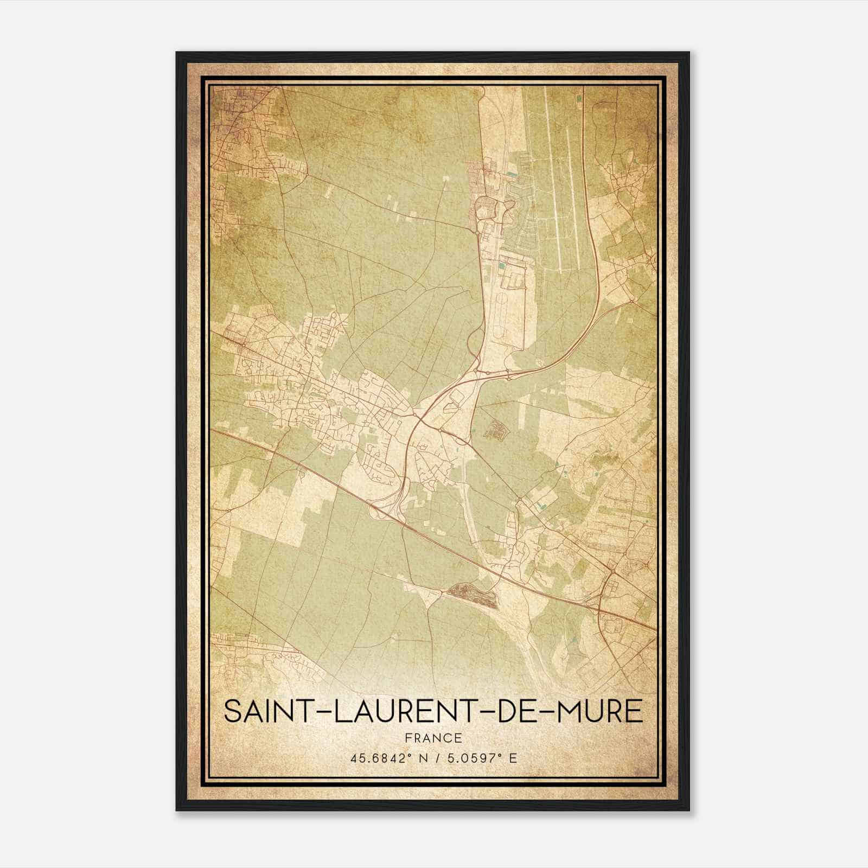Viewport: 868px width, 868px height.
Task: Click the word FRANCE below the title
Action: point(433,738)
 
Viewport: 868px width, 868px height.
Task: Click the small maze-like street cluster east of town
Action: point(495,430)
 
